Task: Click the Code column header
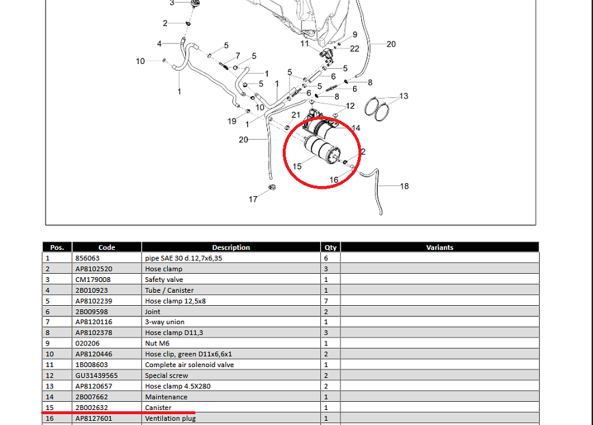107,247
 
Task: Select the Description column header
231,247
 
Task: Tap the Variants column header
440,247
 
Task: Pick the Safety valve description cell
164,279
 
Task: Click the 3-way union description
164,322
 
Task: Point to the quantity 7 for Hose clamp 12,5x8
326,300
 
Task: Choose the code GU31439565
96,375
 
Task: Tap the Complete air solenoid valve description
189,364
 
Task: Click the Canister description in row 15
158,407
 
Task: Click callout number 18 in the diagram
404,186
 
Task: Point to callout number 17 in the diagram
253,200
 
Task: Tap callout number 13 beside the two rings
404,96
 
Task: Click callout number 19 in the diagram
232,121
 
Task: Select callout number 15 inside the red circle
297,167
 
